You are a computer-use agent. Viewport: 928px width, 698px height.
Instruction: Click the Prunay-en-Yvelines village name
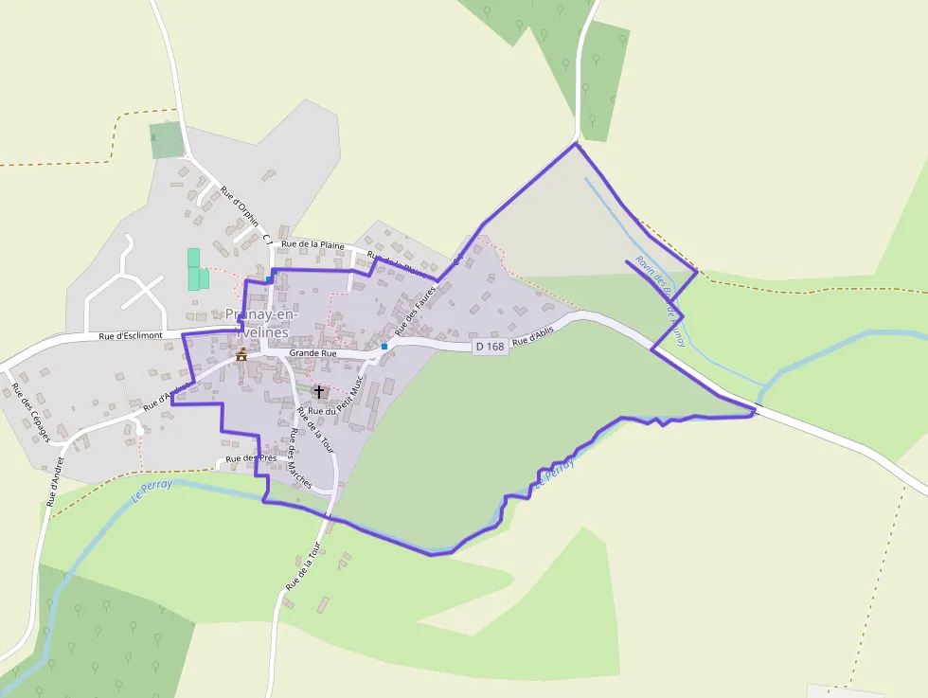pos(260,323)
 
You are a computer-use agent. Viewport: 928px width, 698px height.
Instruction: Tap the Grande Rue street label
pos(312,353)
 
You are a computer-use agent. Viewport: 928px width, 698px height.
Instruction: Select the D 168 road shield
pos(491,348)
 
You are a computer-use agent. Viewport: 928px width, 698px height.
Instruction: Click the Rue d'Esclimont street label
pos(131,335)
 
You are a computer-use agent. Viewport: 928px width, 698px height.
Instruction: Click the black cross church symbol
pos(319,391)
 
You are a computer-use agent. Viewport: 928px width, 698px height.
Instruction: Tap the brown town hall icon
pos(241,355)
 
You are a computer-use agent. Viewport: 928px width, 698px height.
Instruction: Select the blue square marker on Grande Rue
pos(384,347)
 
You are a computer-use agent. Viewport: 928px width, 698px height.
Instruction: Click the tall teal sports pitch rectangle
pos(193,269)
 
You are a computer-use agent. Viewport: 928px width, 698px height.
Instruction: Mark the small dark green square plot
pos(168,141)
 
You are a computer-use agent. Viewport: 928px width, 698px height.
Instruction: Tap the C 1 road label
pos(267,240)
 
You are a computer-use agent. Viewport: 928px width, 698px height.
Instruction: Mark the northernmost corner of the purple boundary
pos(575,144)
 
